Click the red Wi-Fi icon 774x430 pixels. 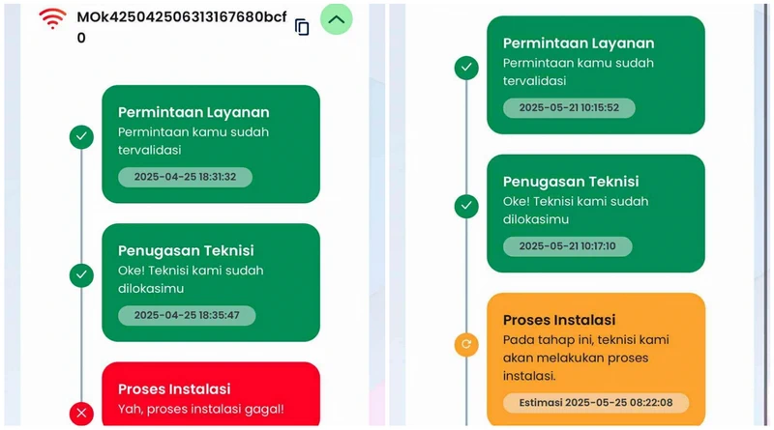click(52, 18)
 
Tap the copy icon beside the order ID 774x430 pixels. click(302, 27)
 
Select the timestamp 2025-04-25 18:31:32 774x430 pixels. click(185, 177)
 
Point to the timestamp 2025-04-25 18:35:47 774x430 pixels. click(187, 316)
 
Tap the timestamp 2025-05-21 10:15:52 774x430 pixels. click(569, 108)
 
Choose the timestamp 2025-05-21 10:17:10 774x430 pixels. click(567, 246)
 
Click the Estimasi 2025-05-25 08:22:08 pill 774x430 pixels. click(596, 403)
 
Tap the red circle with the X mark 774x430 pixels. click(81, 414)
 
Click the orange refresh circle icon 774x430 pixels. click(466, 344)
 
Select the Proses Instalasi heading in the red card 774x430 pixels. click(174, 389)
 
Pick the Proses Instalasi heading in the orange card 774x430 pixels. click(559, 320)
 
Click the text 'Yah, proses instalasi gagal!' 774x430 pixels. click(201, 410)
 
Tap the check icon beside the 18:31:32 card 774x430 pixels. click(81, 136)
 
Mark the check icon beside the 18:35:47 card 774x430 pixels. click(81, 275)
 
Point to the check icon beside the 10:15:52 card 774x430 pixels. click(466, 68)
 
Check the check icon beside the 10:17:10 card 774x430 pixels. click(466, 206)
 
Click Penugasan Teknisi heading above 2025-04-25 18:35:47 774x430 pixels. click(186, 250)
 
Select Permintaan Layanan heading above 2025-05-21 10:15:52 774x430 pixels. click(579, 43)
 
